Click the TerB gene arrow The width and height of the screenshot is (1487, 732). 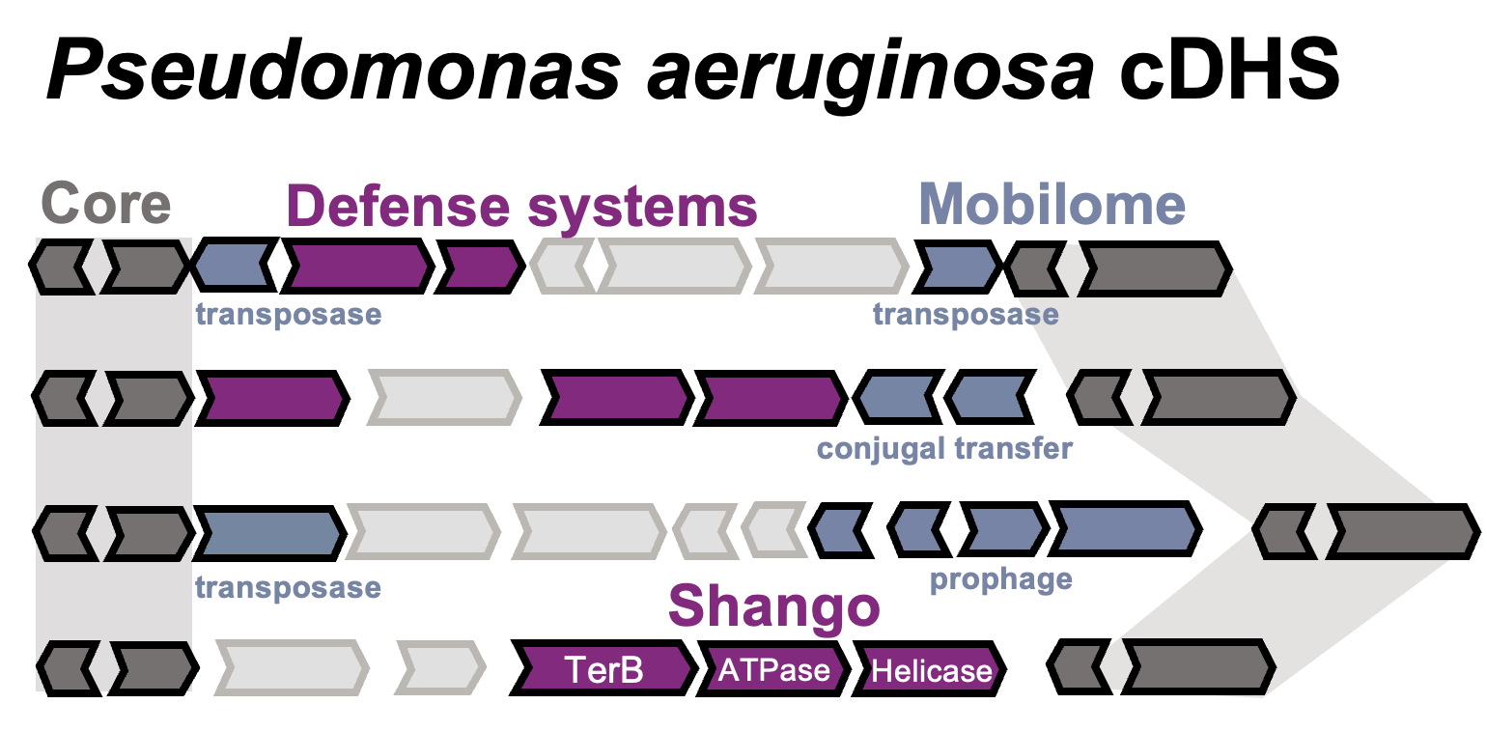coord(603,668)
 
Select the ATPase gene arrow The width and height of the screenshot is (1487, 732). coord(773,668)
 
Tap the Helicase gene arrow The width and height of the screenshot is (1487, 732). coord(930,669)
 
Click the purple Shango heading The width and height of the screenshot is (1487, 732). coord(773,606)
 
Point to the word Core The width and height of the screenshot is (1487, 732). coord(106,205)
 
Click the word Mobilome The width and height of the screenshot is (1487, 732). coord(1052,205)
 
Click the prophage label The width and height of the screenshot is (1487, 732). coord(1000,579)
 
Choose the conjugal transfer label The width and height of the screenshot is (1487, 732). coord(944,449)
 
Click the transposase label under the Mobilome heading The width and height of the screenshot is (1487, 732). coord(966,314)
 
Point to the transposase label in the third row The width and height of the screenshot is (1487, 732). coord(288,587)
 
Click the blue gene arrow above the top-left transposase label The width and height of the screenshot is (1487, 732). coord(234,265)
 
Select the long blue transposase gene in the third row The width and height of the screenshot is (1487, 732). coord(270,532)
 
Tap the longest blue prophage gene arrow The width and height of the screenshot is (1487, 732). coord(1126,530)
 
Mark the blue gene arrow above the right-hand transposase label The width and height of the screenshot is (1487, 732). coord(957,266)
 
